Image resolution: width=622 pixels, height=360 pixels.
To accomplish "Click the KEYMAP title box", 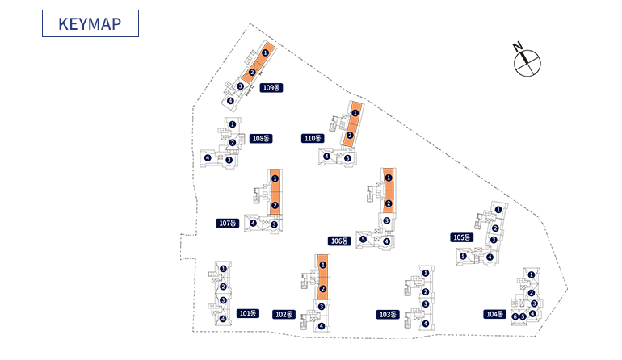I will point(90,23).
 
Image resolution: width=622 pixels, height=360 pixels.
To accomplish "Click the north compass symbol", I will point(527,61).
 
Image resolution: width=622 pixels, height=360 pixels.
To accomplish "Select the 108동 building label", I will point(260,139).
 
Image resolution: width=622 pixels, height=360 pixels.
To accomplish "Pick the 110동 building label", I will point(313,139).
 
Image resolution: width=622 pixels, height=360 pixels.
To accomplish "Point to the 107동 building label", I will point(229,223).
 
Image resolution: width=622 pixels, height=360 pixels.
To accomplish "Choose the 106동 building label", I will point(339,241).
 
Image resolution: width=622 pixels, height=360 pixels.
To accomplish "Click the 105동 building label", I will point(461,237).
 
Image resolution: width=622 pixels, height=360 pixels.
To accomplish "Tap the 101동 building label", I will point(247,313).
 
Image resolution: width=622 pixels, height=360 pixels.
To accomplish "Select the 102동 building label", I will point(284,314).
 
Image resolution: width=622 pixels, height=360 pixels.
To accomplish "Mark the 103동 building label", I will point(388,314).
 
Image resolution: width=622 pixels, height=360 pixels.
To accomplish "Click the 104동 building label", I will point(494,314).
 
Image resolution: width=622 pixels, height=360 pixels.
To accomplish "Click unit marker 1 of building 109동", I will point(265,52).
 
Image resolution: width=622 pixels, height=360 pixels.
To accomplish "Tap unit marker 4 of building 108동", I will point(208,157).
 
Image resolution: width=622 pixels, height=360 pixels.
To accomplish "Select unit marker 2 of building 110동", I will point(350,135).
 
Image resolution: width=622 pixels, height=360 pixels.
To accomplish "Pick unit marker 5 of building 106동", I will point(364,240).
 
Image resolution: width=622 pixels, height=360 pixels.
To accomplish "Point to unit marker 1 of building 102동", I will point(322,265).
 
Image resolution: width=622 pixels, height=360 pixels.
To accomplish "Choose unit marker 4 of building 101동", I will point(223,319).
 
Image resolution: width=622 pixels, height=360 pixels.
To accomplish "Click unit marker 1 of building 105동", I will point(498,210).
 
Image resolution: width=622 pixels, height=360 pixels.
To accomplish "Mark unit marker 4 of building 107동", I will point(253,224).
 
